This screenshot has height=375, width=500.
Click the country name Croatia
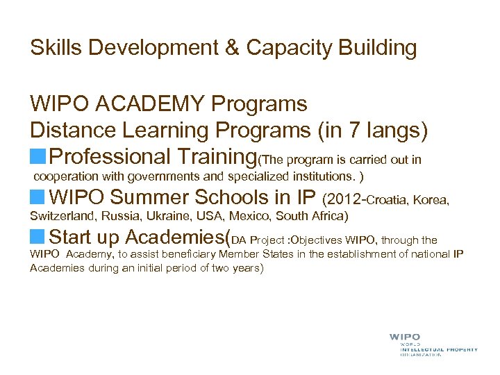coord(387,201)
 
